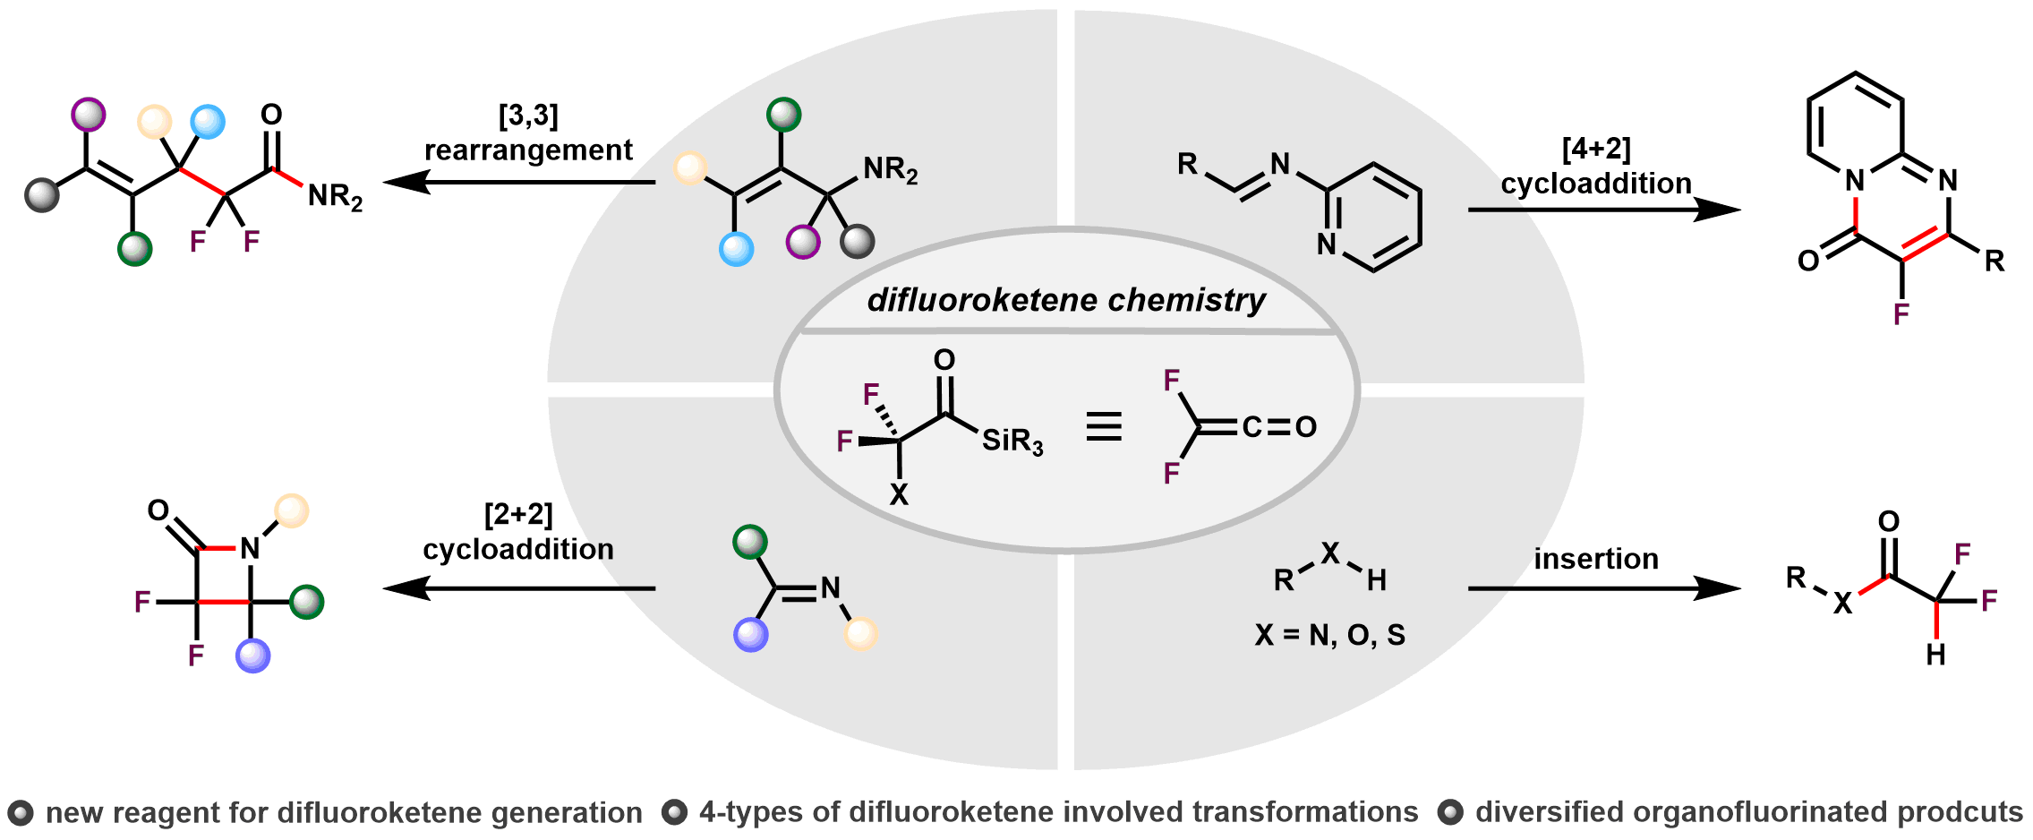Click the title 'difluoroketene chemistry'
tap(1066, 300)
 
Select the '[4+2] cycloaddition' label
tap(1596, 166)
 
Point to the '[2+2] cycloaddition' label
tap(518, 532)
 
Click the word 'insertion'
tap(1596, 559)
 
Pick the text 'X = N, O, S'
tap(1329, 635)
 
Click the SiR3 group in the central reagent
tap(1012, 441)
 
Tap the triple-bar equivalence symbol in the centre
tap(1103, 426)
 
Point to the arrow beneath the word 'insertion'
tap(1602, 588)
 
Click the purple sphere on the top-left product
tap(88, 115)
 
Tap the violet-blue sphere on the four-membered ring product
tap(253, 656)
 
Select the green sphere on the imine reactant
tap(750, 543)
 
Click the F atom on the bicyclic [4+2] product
tap(1901, 313)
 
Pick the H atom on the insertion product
tap(1935, 656)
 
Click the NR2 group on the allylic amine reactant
tap(890, 169)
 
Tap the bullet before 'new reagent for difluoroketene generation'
tap(20, 813)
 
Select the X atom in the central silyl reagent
tap(899, 494)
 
